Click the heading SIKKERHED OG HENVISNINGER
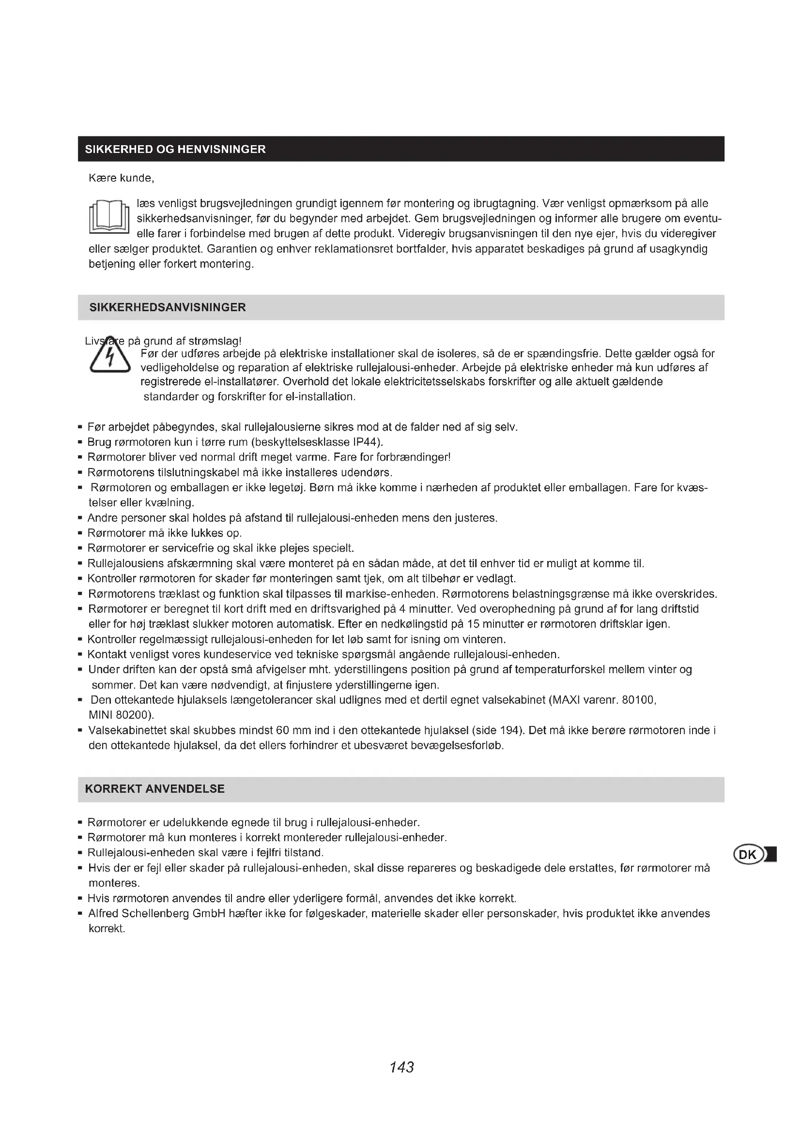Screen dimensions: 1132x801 pos(175,150)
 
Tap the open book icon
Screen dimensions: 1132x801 pos(109,217)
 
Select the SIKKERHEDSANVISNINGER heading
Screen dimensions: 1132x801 pos(167,308)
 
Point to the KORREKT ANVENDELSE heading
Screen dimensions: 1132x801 pos(154,789)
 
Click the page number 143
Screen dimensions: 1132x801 pos(401,1068)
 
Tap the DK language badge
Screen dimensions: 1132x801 pos(749,855)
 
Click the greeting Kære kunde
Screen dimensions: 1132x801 pos(122,179)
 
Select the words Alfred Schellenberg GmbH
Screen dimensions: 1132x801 pos(157,914)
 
